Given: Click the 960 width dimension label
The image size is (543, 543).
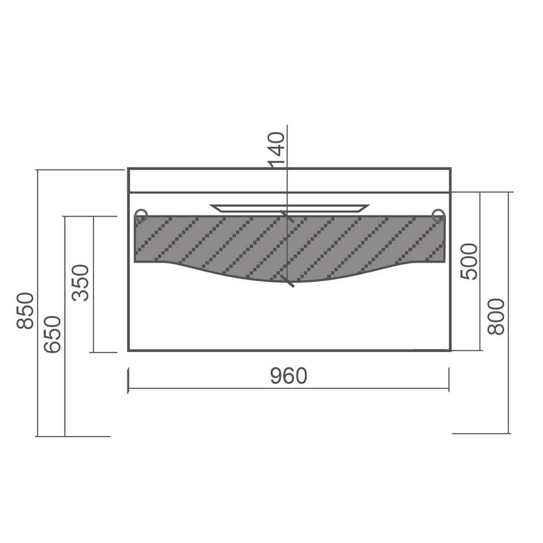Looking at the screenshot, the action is tap(289, 376).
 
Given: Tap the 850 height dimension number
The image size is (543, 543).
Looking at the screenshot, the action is tap(26, 311).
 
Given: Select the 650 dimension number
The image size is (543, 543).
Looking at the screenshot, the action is tap(52, 334).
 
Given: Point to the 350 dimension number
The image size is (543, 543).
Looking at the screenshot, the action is tap(81, 282).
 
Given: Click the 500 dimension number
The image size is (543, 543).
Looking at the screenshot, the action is tap(469, 261).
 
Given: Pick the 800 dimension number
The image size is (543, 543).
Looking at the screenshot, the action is tap(496, 317).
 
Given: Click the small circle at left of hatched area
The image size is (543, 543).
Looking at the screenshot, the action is tap(141, 216).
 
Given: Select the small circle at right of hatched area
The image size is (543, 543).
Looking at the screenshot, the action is tap(439, 216).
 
